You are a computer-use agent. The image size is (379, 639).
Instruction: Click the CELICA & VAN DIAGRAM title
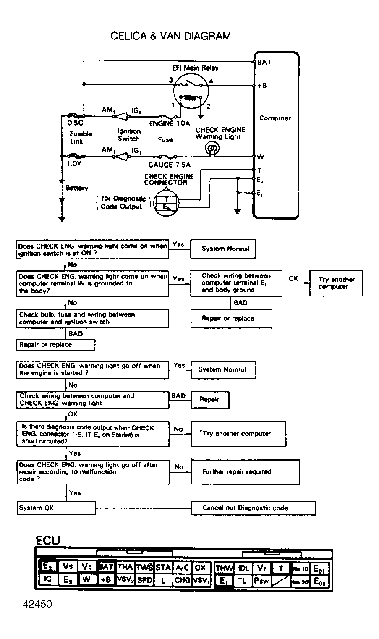click(170, 36)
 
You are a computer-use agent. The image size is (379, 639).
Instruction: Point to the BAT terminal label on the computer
click(264, 62)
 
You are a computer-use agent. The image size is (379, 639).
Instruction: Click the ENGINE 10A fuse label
click(170, 123)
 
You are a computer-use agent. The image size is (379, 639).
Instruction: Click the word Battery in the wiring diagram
click(77, 188)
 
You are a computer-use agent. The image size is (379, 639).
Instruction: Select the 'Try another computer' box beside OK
click(336, 283)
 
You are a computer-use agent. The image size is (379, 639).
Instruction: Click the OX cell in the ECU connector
click(201, 568)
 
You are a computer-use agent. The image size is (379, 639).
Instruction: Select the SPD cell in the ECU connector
click(145, 580)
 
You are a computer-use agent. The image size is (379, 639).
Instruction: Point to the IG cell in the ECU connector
click(47, 579)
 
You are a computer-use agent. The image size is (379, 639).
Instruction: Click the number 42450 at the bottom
click(38, 604)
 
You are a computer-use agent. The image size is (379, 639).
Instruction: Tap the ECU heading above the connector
click(47, 540)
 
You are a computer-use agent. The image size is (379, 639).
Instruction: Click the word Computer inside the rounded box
click(275, 118)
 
